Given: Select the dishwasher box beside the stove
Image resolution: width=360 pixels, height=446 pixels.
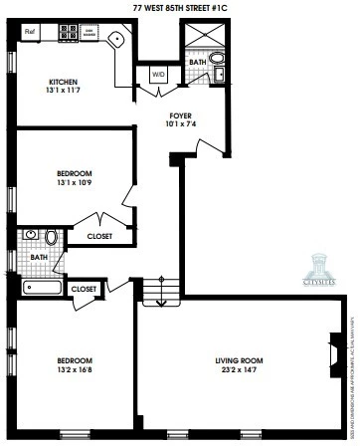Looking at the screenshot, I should (90, 31).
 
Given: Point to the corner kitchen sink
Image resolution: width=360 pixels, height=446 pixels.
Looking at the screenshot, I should (117, 41).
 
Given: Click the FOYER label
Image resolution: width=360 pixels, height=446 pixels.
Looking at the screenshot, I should (182, 115).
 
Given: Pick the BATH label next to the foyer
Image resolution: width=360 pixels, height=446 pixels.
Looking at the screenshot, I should (197, 62).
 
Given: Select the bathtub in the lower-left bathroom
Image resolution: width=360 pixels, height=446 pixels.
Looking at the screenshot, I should (42, 289).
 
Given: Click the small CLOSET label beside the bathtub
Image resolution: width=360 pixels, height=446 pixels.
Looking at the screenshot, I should (85, 289).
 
